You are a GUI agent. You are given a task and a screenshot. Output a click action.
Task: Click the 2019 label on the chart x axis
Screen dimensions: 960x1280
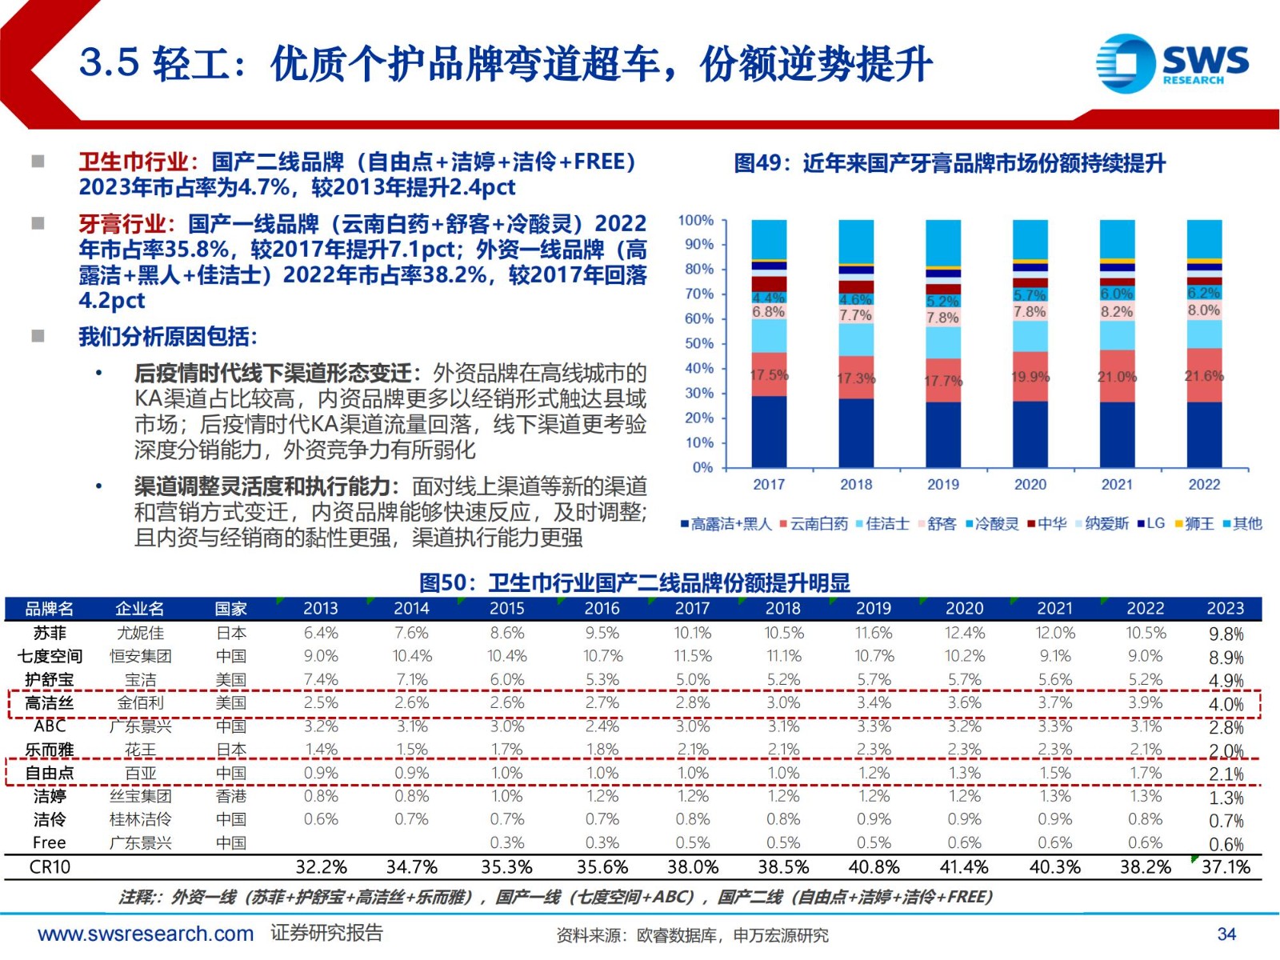coord(943,484)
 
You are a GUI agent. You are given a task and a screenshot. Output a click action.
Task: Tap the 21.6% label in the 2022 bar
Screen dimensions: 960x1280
coord(1203,375)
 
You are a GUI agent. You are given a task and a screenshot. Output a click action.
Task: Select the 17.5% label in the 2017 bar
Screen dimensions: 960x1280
coord(769,374)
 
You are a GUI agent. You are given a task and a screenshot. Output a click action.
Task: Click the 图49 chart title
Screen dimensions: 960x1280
coord(950,163)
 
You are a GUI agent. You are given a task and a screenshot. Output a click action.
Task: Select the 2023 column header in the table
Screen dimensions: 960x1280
coord(1226,609)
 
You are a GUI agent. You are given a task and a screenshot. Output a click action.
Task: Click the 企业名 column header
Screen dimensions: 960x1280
coord(140,609)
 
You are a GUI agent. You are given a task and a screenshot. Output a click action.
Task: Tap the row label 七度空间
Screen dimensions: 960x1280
coord(50,656)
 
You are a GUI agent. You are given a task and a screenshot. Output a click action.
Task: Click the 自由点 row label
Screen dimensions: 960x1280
coord(50,773)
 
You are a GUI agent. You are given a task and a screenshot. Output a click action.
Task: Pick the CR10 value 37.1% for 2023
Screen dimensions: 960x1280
coord(1226,867)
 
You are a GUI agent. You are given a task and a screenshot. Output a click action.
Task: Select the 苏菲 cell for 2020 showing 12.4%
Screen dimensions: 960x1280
coord(964,633)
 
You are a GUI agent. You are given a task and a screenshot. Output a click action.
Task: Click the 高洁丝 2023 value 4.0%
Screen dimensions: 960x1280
coord(1226,705)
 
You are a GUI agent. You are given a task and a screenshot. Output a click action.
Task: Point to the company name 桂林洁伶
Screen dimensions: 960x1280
coord(140,819)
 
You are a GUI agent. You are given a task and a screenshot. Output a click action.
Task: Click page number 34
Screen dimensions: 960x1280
coord(1226,934)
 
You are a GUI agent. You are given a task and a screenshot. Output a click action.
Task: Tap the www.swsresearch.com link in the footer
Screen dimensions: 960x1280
coord(146,934)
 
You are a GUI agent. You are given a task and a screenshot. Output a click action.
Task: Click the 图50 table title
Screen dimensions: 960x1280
coord(635,582)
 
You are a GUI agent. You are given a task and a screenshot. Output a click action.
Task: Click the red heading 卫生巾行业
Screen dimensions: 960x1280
coord(134,162)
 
